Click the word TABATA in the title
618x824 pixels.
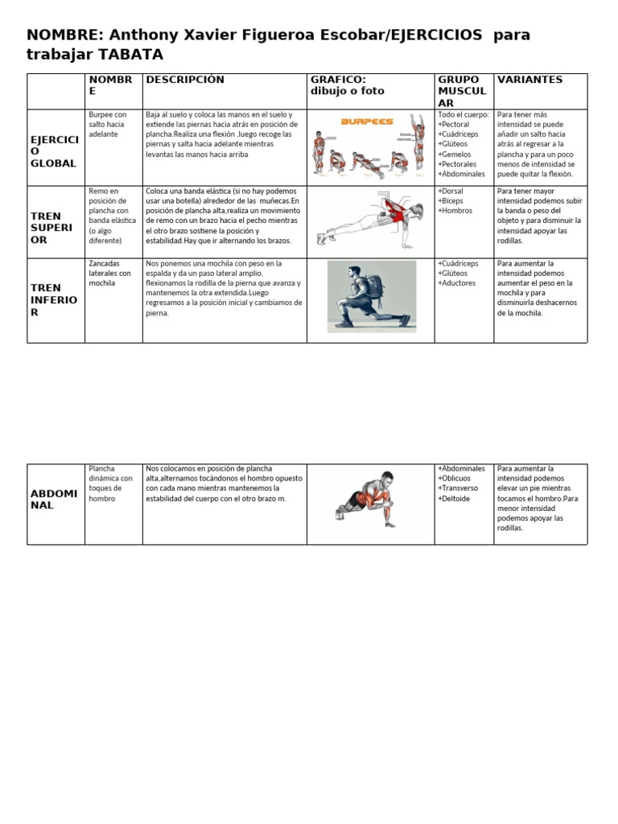tap(131, 55)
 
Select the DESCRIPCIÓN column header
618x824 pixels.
tap(184, 80)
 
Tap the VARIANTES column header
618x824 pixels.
tap(529, 80)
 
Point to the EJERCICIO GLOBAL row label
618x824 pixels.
tap(54, 150)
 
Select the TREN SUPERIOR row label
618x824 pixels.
tap(51, 228)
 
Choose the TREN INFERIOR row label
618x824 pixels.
tap(54, 299)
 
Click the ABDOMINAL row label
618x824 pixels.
tap(54, 499)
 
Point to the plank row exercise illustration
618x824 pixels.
tap(370, 218)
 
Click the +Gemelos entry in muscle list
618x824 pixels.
tap(455, 154)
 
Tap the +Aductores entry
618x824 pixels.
tap(457, 283)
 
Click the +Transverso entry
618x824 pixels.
tap(458, 488)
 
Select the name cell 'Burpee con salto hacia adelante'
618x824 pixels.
tap(108, 124)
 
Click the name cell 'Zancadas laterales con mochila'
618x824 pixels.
tap(110, 273)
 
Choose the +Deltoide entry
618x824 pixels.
tap(455, 498)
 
